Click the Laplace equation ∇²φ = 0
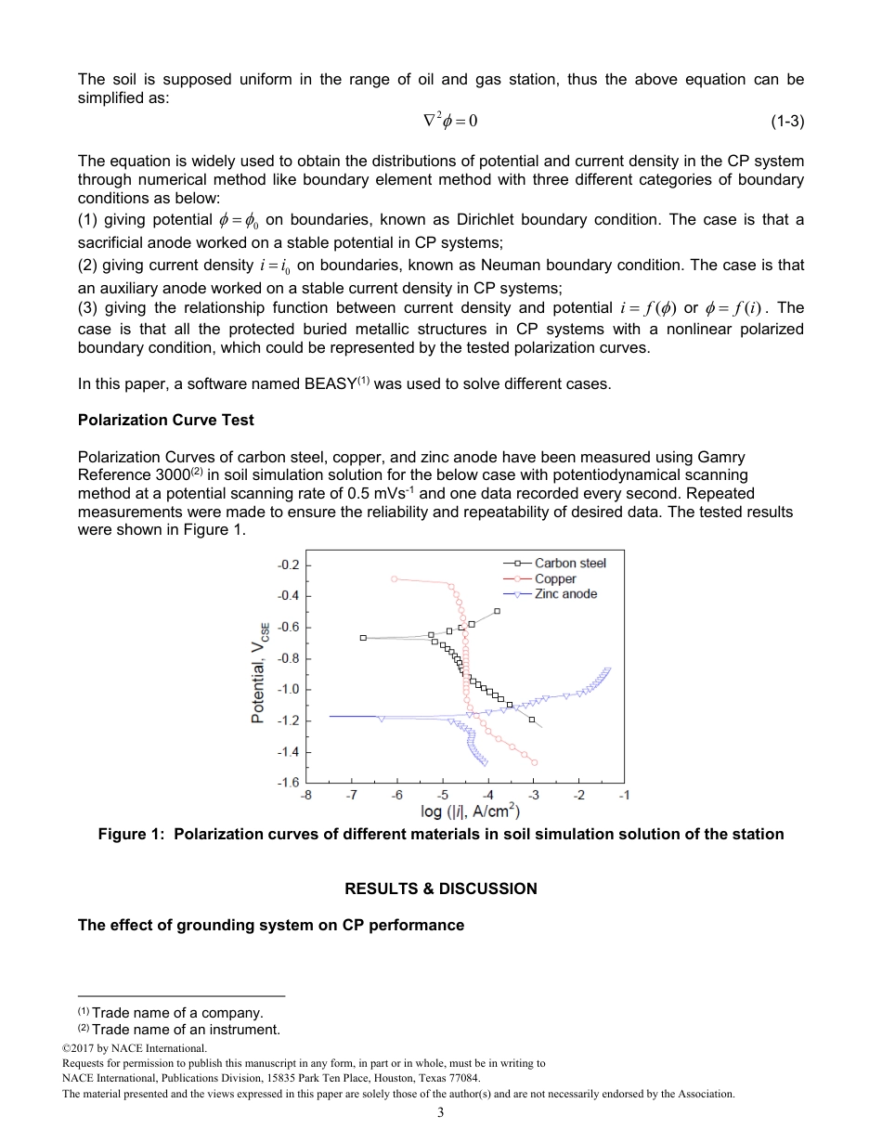tap(450, 121)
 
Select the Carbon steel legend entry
tap(570, 563)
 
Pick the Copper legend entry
tap(555, 578)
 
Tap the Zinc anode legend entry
tap(565, 594)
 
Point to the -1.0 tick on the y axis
tap(289, 690)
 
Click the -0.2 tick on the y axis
tap(289, 565)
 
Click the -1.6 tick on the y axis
tap(289, 783)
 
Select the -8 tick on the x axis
tap(306, 796)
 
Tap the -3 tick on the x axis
tap(534, 796)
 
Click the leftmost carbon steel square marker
tap(363, 638)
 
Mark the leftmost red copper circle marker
tap(395, 578)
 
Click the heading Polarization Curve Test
tap(166, 420)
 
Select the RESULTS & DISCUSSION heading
tap(440, 889)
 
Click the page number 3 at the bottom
tap(441, 1114)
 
